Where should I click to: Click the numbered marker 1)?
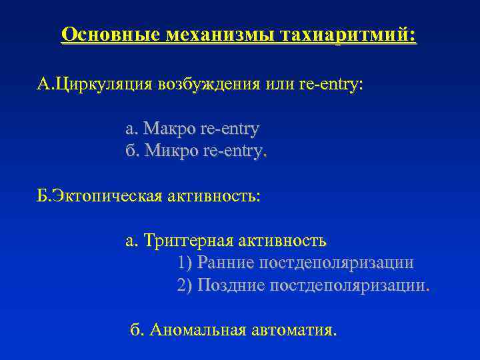coord(185,263)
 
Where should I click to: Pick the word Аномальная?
coord(197,329)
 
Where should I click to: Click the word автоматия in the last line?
coord(293,329)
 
